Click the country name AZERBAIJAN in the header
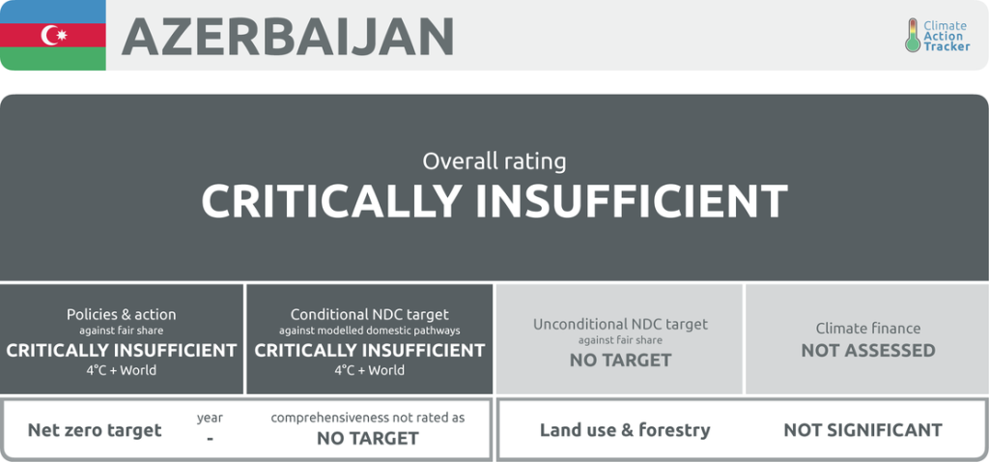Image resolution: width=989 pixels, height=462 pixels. click(x=288, y=36)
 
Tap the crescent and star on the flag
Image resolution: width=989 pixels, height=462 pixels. click(x=54, y=35)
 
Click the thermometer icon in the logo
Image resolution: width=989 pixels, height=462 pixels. click(x=912, y=35)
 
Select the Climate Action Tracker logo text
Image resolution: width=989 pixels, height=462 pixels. click(x=947, y=36)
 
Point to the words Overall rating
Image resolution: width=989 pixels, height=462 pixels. click(x=494, y=161)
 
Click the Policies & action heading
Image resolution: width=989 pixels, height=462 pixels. click(x=122, y=314)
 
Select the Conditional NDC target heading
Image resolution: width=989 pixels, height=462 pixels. click(x=370, y=314)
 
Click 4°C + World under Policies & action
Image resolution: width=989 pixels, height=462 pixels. click(x=121, y=370)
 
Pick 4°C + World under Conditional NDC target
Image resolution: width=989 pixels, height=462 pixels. click(x=370, y=370)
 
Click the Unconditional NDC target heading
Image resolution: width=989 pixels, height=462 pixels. click(x=621, y=325)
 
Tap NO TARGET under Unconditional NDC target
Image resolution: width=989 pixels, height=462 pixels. click(x=621, y=361)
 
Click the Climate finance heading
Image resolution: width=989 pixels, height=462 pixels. click(x=868, y=329)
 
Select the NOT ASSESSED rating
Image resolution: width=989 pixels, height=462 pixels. click(x=868, y=351)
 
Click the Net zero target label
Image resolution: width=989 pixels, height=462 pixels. click(x=95, y=431)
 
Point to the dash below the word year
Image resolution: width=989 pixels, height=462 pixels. click(x=210, y=438)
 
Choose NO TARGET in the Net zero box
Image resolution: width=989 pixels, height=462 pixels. click(x=368, y=438)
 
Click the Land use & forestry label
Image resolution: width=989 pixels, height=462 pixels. click(x=625, y=430)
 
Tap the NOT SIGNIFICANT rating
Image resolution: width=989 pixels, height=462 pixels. click(x=862, y=430)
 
